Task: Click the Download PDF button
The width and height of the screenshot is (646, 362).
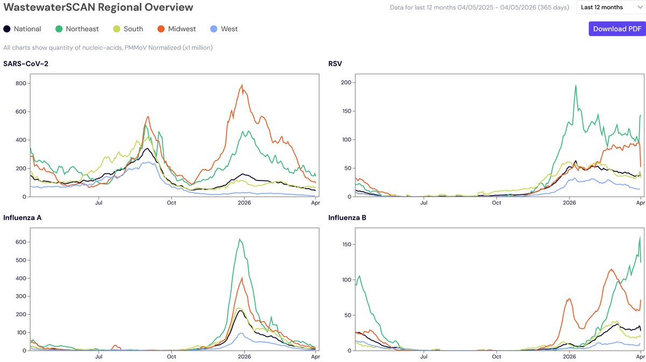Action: point(617,29)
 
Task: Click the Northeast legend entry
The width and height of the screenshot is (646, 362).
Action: point(77,29)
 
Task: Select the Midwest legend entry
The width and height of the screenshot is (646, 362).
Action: point(177,29)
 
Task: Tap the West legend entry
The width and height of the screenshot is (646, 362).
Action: point(224,29)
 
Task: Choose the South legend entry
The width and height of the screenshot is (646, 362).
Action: point(128,29)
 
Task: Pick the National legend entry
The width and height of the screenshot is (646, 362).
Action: point(22,29)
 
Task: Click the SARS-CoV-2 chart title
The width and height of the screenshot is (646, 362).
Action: point(26,64)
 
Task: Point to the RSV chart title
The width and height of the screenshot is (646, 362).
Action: point(335,64)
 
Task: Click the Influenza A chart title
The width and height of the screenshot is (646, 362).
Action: point(22,218)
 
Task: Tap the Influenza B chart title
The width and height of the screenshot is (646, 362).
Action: point(347,218)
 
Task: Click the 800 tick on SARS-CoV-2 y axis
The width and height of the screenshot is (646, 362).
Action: point(21,83)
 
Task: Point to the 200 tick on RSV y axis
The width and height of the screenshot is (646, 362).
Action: point(346,82)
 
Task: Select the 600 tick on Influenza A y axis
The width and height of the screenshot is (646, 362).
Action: point(21,242)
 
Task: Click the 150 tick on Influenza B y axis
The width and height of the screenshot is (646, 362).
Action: point(346,245)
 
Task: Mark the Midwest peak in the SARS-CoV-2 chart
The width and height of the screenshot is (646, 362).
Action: point(242,85)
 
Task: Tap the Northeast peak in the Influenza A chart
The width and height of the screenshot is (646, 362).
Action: point(240,239)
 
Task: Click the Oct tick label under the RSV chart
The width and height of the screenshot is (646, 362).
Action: point(496,203)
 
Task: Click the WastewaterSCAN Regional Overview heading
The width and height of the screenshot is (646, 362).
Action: point(98,7)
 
